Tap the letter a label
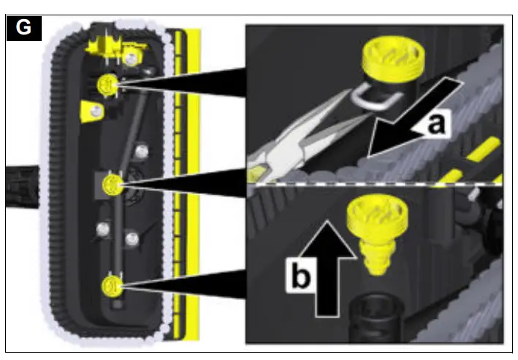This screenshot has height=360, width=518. pos(435,124)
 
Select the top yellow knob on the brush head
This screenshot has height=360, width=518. pos(107,86)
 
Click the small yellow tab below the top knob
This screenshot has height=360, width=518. pos(93,111)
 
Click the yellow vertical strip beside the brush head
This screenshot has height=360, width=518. pos(192,183)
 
